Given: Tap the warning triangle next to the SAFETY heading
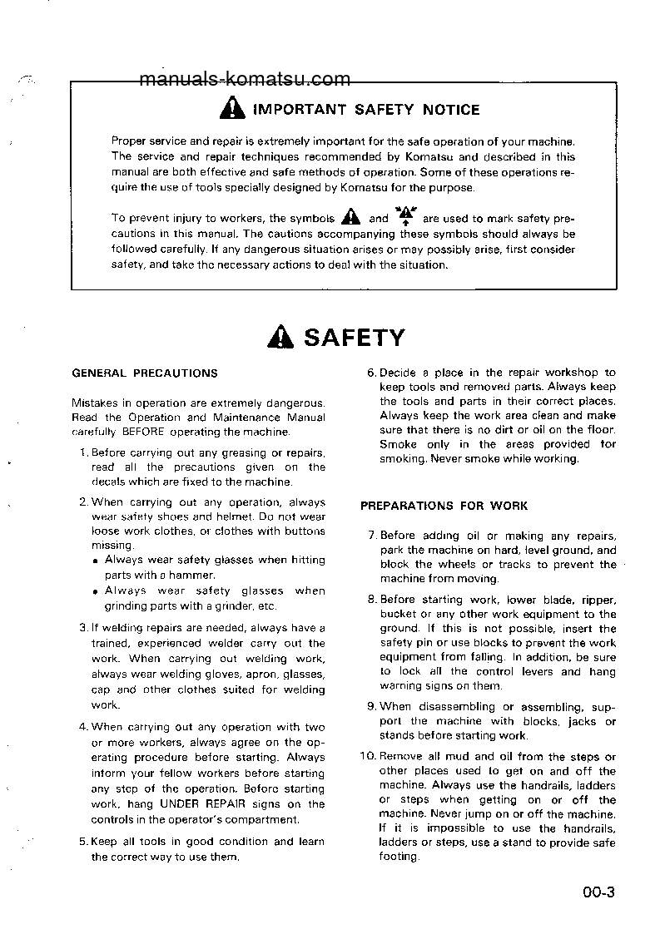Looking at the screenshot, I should pyautogui.click(x=281, y=337).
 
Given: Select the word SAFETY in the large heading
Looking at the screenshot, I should pyautogui.click(x=355, y=337).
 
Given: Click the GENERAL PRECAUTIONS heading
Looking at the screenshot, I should pyautogui.click(x=145, y=373).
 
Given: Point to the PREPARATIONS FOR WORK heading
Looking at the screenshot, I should pyautogui.click(x=444, y=506).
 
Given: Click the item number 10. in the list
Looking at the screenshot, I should pyautogui.click(x=369, y=757).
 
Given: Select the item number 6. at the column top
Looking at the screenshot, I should pyautogui.click(x=372, y=373).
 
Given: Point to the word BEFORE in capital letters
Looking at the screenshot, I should pyautogui.click(x=144, y=432).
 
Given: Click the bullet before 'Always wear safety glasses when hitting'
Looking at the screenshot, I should pyautogui.click(x=97, y=561).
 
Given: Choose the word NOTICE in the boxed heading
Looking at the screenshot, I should pyautogui.click(x=451, y=110).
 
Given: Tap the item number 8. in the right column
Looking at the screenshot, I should pyautogui.click(x=372, y=600).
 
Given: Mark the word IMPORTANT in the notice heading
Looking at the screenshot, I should pyautogui.click(x=299, y=110).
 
